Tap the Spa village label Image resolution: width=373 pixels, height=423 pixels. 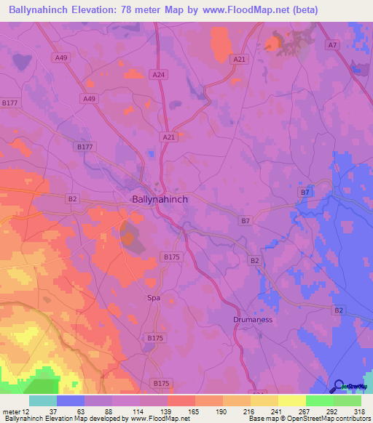[153, 298]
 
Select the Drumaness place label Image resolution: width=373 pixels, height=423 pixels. [254, 319]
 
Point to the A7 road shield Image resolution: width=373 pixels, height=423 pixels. [332, 45]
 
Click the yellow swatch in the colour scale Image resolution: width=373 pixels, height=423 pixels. [291, 400]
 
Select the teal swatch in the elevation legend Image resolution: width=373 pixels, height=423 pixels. [42, 400]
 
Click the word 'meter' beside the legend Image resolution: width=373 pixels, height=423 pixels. [10, 411]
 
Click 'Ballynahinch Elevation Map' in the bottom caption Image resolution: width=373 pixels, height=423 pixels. [41, 419]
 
